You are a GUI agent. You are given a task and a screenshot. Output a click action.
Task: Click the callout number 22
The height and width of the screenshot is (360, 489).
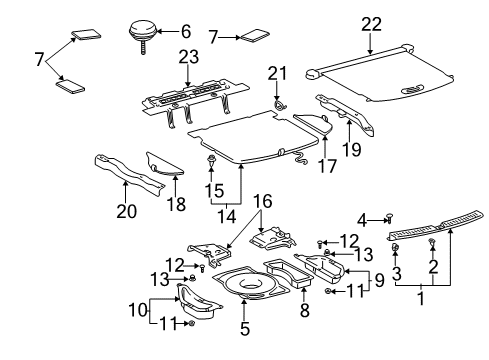click(372, 24)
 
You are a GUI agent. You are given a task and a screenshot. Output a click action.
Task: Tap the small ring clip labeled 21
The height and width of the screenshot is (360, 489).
click(279, 104)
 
